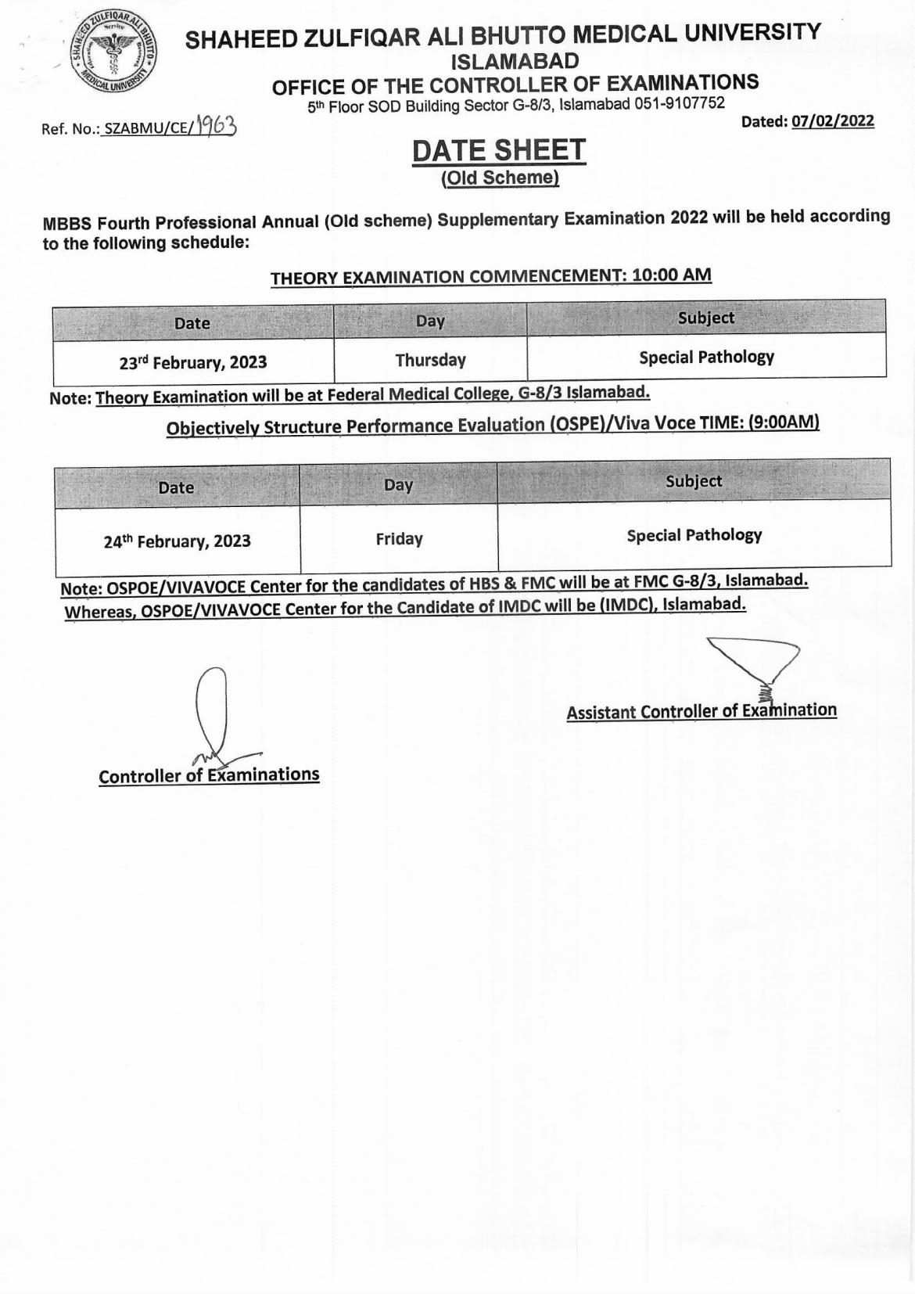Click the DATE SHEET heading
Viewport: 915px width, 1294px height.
tap(499, 150)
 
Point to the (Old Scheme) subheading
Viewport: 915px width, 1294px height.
tap(500, 178)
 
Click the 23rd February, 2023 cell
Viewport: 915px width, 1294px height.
tap(193, 362)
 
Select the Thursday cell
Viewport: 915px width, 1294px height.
tap(430, 360)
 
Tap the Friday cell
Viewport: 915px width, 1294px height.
tap(399, 539)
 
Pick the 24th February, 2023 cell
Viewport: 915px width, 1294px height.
tap(178, 541)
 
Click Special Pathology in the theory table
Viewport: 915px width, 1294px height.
tap(706, 358)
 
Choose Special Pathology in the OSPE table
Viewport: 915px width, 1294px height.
tap(694, 535)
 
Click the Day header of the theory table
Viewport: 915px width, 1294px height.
tap(430, 321)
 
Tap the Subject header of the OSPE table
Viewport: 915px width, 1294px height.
tap(694, 481)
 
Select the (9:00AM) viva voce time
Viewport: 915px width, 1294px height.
tap(784, 422)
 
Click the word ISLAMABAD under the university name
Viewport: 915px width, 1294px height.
tap(516, 61)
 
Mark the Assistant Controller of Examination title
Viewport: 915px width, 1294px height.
tap(701, 711)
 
